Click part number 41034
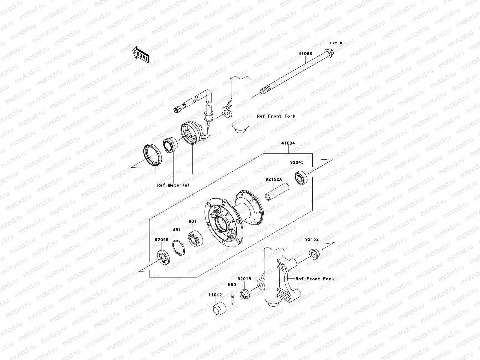(288, 143)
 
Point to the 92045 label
(297, 162)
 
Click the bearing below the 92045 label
(300, 178)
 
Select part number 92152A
(274, 179)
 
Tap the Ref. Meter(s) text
(173, 185)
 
